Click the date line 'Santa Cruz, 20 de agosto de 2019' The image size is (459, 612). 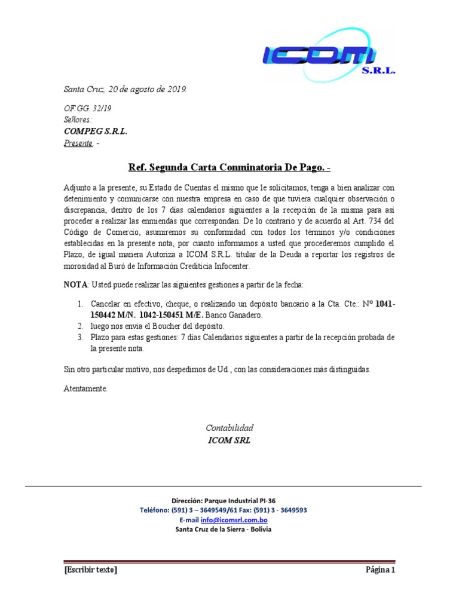click(125, 90)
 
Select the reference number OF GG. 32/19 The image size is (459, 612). click(87, 109)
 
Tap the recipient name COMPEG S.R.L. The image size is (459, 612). click(95, 131)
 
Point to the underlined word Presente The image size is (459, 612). click(78, 143)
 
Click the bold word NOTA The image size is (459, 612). click(75, 283)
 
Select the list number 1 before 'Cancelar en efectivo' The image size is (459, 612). click(80, 304)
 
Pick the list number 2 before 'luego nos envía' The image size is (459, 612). click(80, 326)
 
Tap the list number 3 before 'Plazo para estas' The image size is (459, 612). click(80, 337)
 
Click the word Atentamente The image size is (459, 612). click(85, 388)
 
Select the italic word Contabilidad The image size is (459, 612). click(229, 428)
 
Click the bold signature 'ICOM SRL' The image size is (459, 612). click(229, 441)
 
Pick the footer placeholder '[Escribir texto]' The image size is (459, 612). click(90, 570)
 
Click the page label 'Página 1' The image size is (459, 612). click(381, 570)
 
